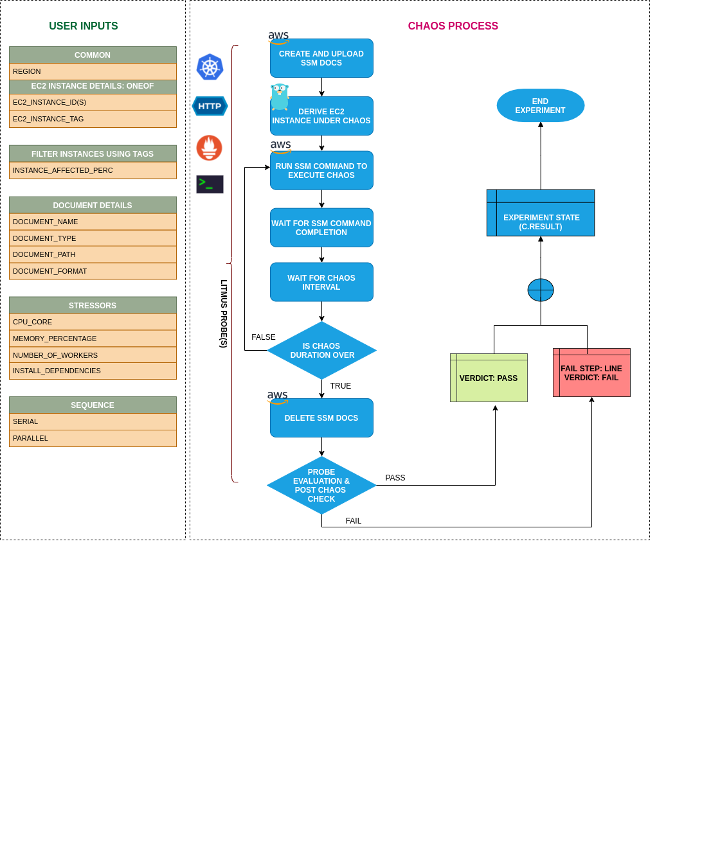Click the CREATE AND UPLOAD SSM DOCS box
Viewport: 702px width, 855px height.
(321, 58)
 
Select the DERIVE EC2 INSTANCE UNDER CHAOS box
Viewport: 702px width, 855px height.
(321, 116)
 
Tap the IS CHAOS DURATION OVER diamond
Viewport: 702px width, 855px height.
(321, 351)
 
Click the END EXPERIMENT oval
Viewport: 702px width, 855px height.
(540, 106)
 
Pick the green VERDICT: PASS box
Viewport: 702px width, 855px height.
(489, 378)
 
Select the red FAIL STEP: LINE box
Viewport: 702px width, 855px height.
(591, 373)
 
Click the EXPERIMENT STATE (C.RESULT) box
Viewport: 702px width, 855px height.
(541, 214)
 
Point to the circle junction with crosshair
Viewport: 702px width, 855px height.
(541, 290)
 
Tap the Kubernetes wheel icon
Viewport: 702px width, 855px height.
(210, 67)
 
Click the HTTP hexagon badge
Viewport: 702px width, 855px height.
(210, 106)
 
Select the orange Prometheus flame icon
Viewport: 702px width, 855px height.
(210, 148)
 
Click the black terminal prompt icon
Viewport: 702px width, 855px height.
(210, 184)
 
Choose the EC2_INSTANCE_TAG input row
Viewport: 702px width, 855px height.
(93, 119)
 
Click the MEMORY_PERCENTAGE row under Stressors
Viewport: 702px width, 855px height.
(93, 339)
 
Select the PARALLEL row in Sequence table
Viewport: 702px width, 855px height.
(93, 439)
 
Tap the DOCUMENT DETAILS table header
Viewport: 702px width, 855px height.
(93, 206)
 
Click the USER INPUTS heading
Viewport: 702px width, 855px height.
(84, 26)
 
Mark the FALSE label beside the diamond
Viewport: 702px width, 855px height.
(264, 337)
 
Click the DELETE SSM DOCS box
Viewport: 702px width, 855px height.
(321, 418)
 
